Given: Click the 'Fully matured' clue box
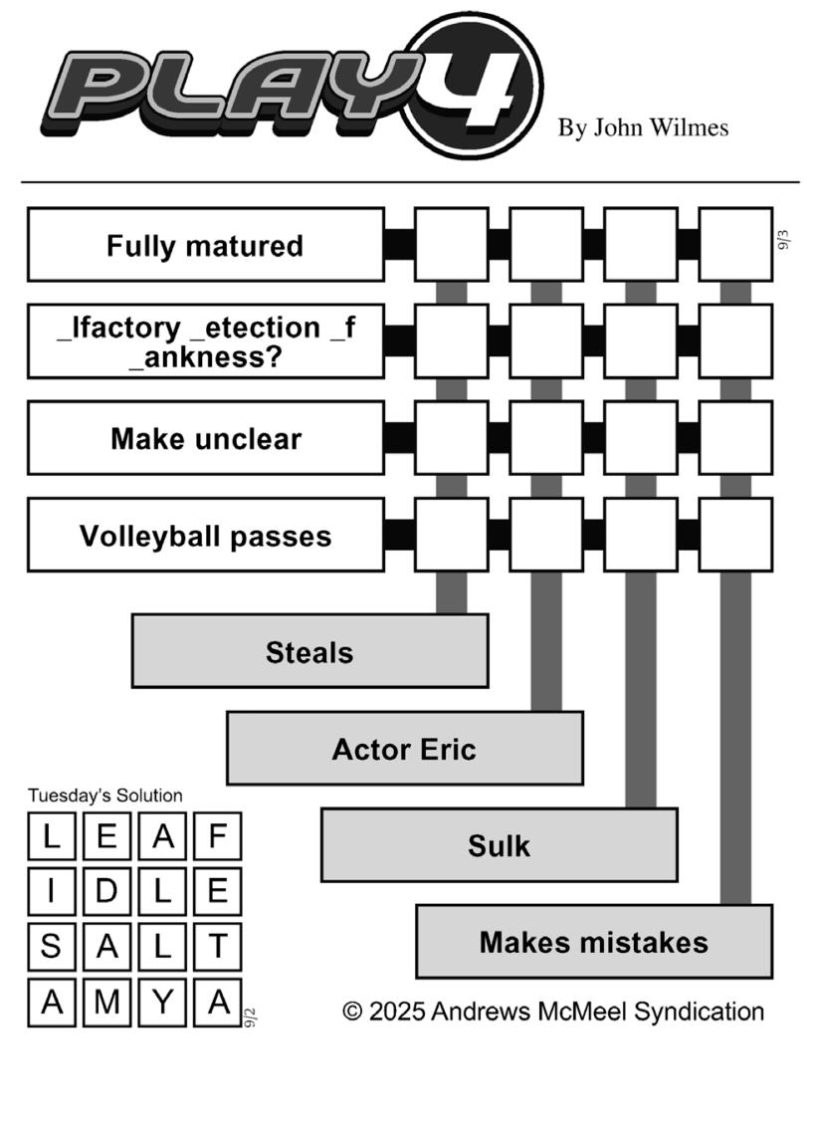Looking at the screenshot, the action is click(205, 245).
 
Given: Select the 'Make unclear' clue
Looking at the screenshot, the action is click(205, 438).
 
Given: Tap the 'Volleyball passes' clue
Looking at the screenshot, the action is click(205, 536).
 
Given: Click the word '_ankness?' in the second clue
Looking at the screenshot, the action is click(205, 356).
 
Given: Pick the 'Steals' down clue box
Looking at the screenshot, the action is click(309, 651).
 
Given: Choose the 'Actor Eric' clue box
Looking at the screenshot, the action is click(405, 748).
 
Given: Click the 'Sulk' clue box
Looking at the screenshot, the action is click(499, 844).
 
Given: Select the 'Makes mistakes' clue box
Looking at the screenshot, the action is click(594, 942).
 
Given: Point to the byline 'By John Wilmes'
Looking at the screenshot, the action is click(643, 128).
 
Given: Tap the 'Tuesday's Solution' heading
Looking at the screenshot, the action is click(105, 795).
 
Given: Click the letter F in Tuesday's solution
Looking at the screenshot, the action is click(218, 836).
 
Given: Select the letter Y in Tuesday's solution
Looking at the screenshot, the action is click(162, 1003).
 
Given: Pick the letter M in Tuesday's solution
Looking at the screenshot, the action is click(107, 1003).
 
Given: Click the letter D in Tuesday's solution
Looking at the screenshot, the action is click(107, 891).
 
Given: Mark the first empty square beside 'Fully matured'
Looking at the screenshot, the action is click(451, 245).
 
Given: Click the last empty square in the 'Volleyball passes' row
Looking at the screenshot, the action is click(735, 536).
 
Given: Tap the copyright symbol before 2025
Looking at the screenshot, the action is click(352, 1012).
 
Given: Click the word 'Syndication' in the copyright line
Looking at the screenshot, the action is click(699, 1012).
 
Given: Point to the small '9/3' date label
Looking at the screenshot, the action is click(783, 240).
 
